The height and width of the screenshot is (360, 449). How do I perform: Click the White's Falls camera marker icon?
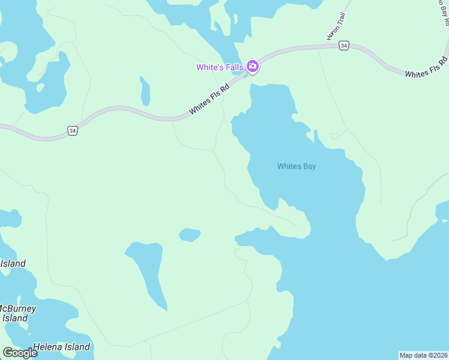pyautogui.click(x=253, y=67)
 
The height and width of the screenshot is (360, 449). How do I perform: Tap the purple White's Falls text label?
pyautogui.click(x=219, y=67)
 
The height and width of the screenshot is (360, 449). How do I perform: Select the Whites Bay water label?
pyautogui.click(x=296, y=166)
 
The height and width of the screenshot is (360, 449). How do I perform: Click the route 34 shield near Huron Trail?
pyautogui.click(x=343, y=46)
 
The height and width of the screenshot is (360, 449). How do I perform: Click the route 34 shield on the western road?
pyautogui.click(x=72, y=130)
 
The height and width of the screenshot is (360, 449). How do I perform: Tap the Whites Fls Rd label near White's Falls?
pyautogui.click(x=209, y=99)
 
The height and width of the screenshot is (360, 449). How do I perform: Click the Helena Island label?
pyautogui.click(x=61, y=347)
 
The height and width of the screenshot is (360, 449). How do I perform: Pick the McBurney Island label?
pyautogui.click(x=17, y=313)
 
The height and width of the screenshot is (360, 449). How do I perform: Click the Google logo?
pyautogui.click(x=20, y=353)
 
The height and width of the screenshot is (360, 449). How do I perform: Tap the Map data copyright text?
pyautogui.click(x=423, y=355)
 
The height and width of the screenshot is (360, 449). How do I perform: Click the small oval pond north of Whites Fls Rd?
pyautogui.click(x=145, y=91)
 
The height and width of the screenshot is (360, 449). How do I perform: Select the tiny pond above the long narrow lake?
pyautogui.click(x=190, y=235)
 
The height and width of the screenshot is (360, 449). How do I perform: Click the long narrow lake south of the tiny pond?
pyautogui.click(x=147, y=270)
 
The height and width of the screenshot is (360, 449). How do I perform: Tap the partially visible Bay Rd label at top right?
pyautogui.click(x=443, y=12)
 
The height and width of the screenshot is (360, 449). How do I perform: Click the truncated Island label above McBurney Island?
pyautogui.click(x=13, y=263)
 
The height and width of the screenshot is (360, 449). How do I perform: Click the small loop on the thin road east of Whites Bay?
pyautogui.click(x=334, y=136)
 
